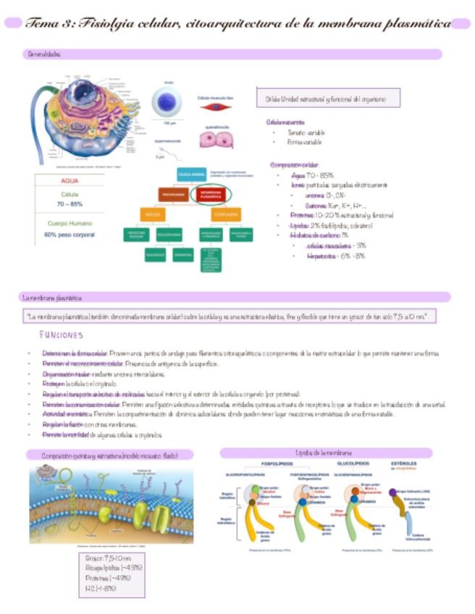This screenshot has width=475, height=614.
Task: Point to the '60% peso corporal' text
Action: coord(70,235)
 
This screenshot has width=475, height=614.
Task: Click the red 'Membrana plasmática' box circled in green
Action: coord(211,195)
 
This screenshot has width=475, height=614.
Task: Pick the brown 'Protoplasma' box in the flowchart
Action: coord(174,195)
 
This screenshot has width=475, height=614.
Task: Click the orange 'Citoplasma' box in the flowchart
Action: coord(226,215)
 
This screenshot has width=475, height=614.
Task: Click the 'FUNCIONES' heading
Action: coord(62,335)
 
